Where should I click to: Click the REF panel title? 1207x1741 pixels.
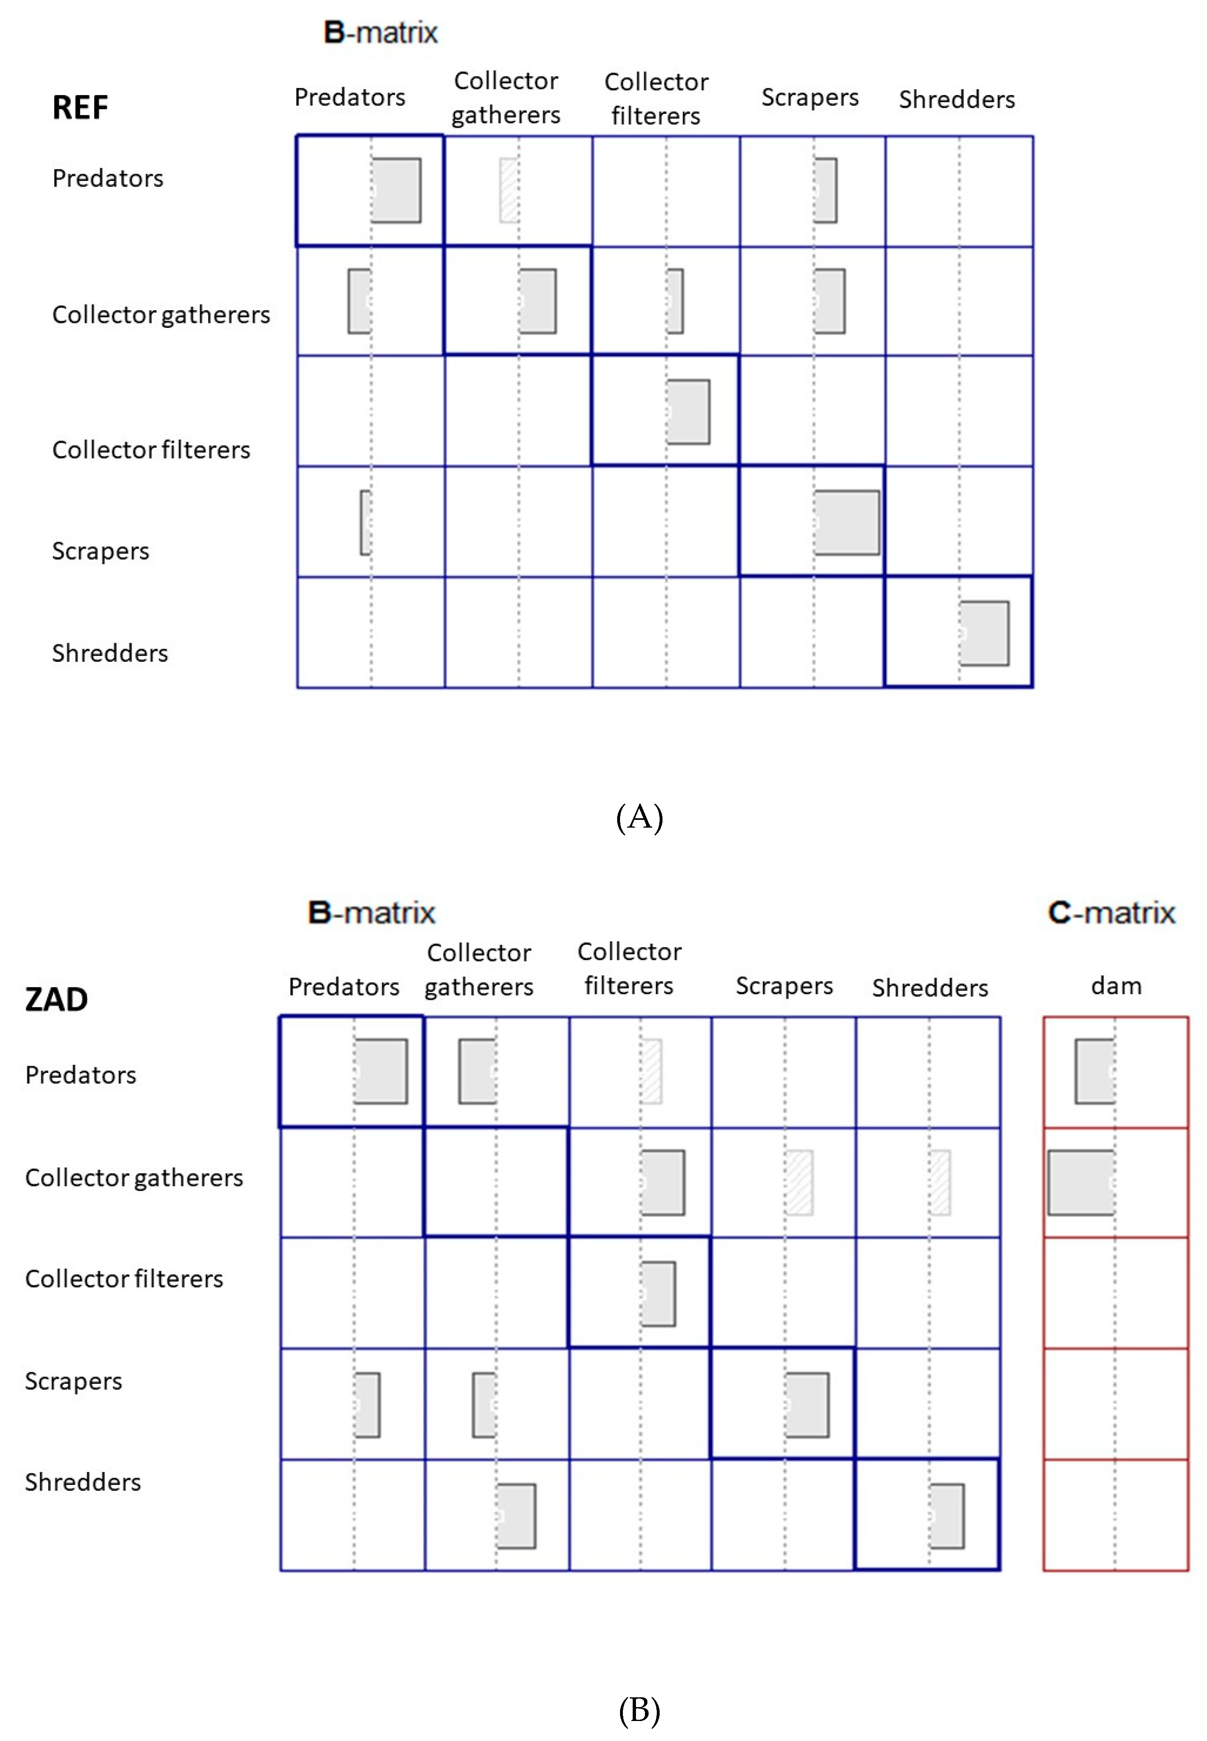click(x=80, y=107)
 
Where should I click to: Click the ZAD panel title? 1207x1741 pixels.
click(x=57, y=1000)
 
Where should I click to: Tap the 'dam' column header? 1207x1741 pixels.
click(x=1116, y=986)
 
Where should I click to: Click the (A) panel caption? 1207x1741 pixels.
click(x=639, y=817)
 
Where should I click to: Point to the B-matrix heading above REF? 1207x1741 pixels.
click(x=380, y=33)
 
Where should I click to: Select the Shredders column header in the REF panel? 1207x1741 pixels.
click(x=957, y=99)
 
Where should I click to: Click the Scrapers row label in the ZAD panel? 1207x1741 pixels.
click(x=73, y=1381)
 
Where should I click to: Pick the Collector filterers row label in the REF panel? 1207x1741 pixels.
click(x=151, y=450)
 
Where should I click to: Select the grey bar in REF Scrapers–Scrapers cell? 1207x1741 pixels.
click(x=847, y=523)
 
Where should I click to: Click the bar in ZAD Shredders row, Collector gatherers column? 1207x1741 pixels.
click(x=516, y=1516)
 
